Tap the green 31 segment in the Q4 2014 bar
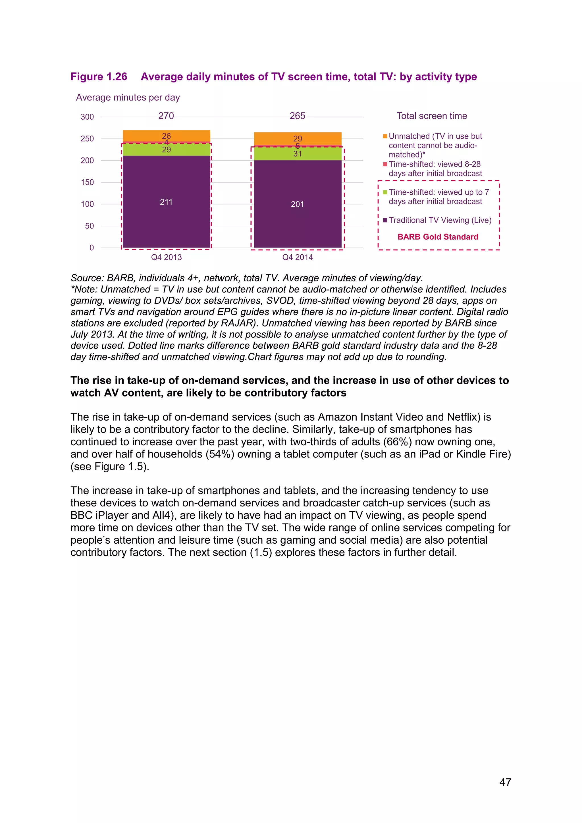298,154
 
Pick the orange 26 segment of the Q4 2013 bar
166,136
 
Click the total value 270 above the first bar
166,116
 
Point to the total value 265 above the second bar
298,116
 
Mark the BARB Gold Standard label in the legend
438,237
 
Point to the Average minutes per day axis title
128,97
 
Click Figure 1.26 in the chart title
99,77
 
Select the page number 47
505,782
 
